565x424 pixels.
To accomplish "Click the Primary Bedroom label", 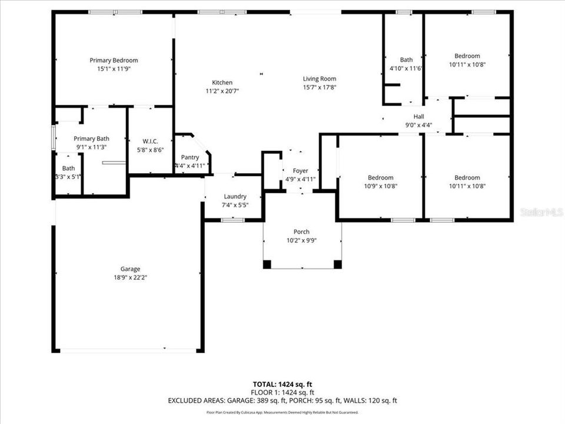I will pyautogui.click(x=114, y=60).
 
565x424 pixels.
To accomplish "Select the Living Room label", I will pyautogui.click(x=319, y=79).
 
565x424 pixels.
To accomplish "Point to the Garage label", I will pyautogui.click(x=130, y=269).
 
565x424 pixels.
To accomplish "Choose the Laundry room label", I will pyautogui.click(x=235, y=196).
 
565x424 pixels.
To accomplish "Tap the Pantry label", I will pyautogui.click(x=190, y=157).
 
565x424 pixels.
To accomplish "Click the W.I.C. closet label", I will pyautogui.click(x=150, y=141).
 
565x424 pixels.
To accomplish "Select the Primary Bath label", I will pyautogui.click(x=91, y=138).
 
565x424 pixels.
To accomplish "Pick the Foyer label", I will pyautogui.click(x=300, y=171).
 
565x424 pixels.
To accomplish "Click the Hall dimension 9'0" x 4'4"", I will pyautogui.click(x=418, y=125).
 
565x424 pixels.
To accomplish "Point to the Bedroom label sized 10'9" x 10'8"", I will pyautogui.click(x=380, y=177).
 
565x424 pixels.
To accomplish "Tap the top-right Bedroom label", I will pyautogui.click(x=467, y=56).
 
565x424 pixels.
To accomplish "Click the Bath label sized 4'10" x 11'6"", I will pyautogui.click(x=406, y=59).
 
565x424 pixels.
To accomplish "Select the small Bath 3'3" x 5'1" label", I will pyautogui.click(x=69, y=168).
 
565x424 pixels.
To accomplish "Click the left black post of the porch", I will pyautogui.click(x=267, y=264).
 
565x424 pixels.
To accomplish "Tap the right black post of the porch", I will pyautogui.click(x=337, y=264).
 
